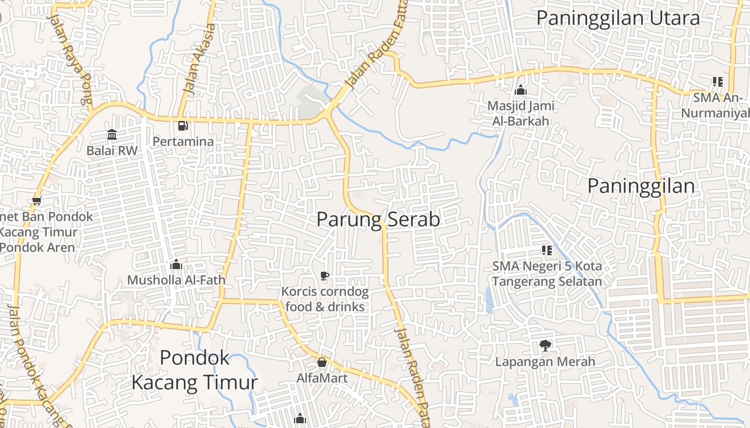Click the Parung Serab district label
(378, 219)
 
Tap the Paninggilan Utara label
(618, 18)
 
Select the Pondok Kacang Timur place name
(194, 370)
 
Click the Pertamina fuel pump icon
(183, 126)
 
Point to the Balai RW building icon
(112, 134)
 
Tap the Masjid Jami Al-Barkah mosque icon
(520, 90)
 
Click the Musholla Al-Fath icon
(176, 264)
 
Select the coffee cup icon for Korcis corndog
(324, 276)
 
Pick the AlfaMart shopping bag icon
(322, 362)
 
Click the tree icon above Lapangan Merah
(545, 346)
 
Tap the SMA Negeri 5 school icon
(546, 250)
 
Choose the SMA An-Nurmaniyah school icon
(717, 82)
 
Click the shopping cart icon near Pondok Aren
(36, 201)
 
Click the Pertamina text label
(183, 142)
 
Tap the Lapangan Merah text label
(545, 362)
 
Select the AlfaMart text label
(322, 378)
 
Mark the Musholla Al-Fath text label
(176, 280)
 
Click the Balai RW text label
(112, 151)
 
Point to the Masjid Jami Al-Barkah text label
(521, 113)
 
